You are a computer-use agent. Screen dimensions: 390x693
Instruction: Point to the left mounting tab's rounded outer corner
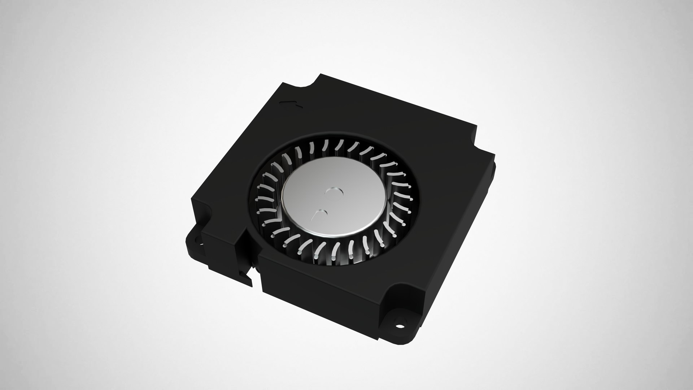(x=188, y=240)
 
